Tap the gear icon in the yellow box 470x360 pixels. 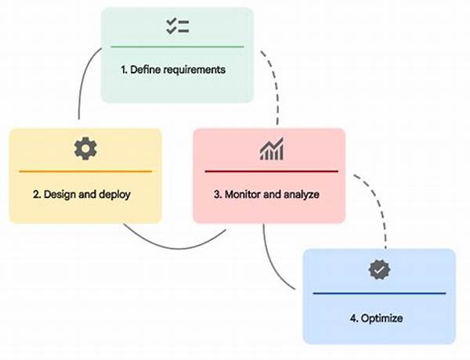point(85,149)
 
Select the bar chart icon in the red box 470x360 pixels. point(271,149)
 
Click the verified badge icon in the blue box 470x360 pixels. point(379,270)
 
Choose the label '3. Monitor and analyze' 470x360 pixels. point(268,194)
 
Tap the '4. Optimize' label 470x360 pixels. point(378,319)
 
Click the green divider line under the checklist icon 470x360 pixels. point(177,47)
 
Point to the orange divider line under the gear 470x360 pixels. point(85,171)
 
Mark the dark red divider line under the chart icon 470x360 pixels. point(271,171)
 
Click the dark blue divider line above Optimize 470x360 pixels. point(379,293)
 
